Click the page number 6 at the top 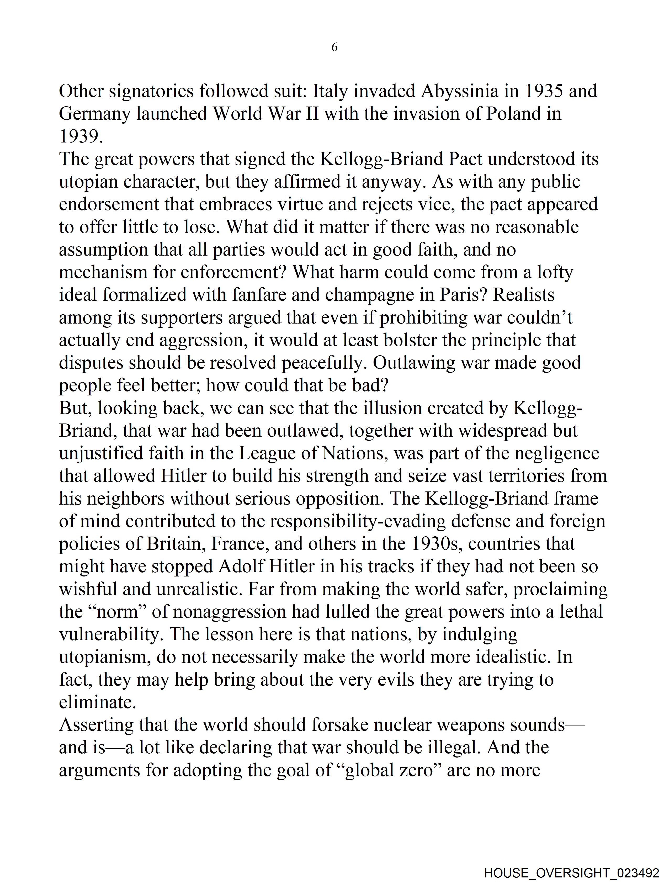[x=334, y=47]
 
